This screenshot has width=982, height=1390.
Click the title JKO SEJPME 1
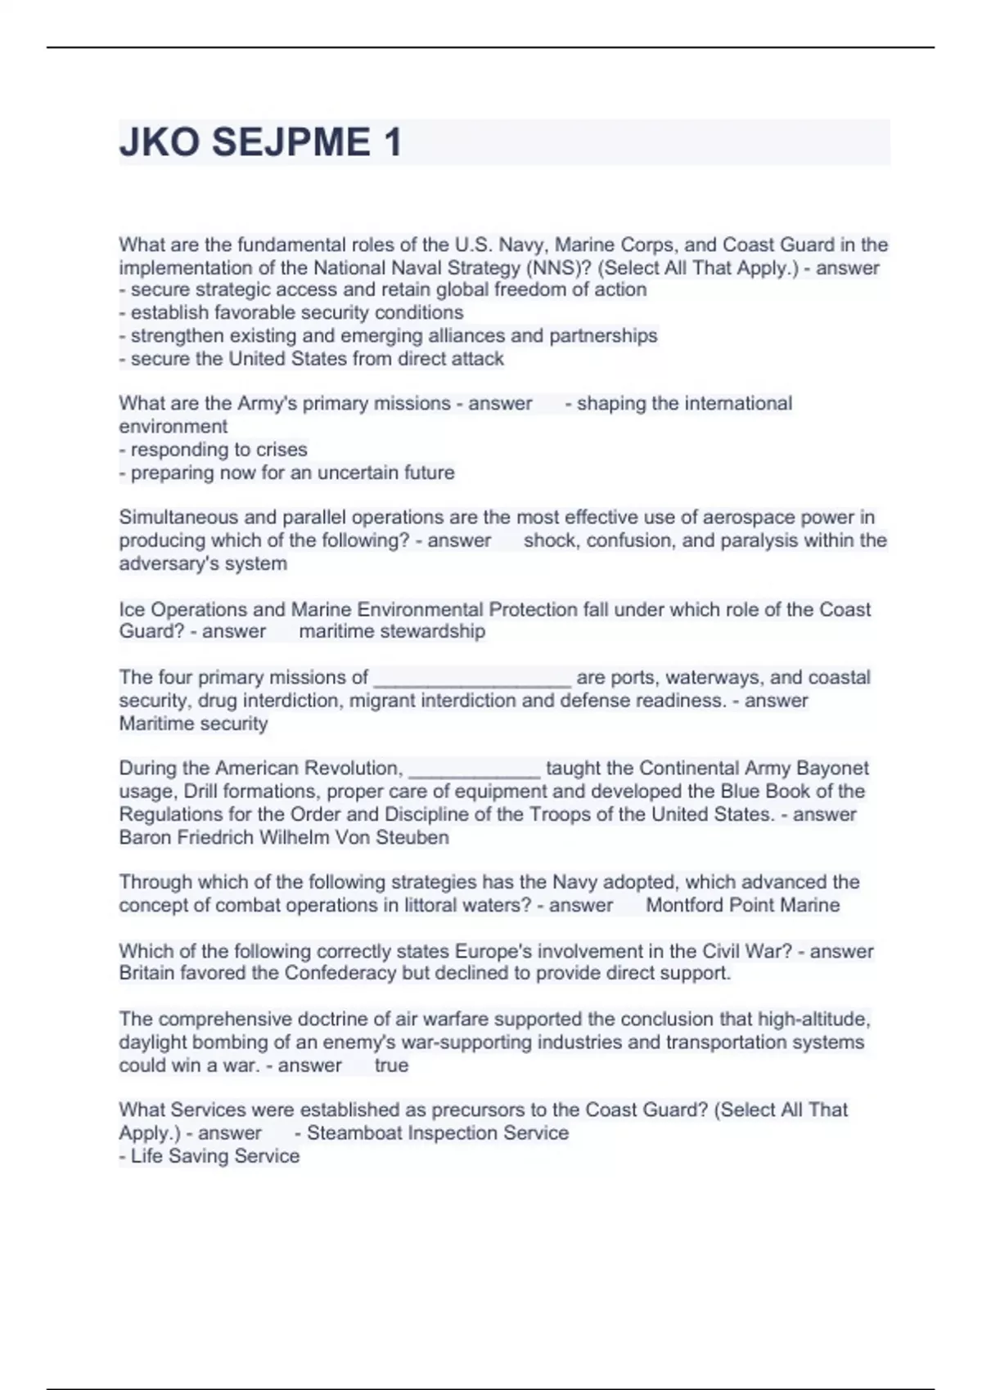260,142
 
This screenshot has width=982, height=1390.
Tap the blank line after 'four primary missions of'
472,678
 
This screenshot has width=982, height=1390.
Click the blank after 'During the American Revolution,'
474,769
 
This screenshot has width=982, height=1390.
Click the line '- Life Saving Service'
209,1155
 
